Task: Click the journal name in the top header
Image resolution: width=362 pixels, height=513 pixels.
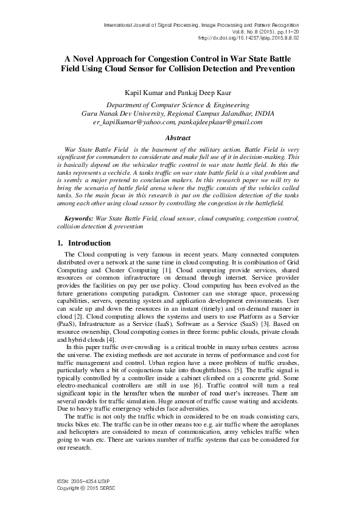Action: coord(211,25)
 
